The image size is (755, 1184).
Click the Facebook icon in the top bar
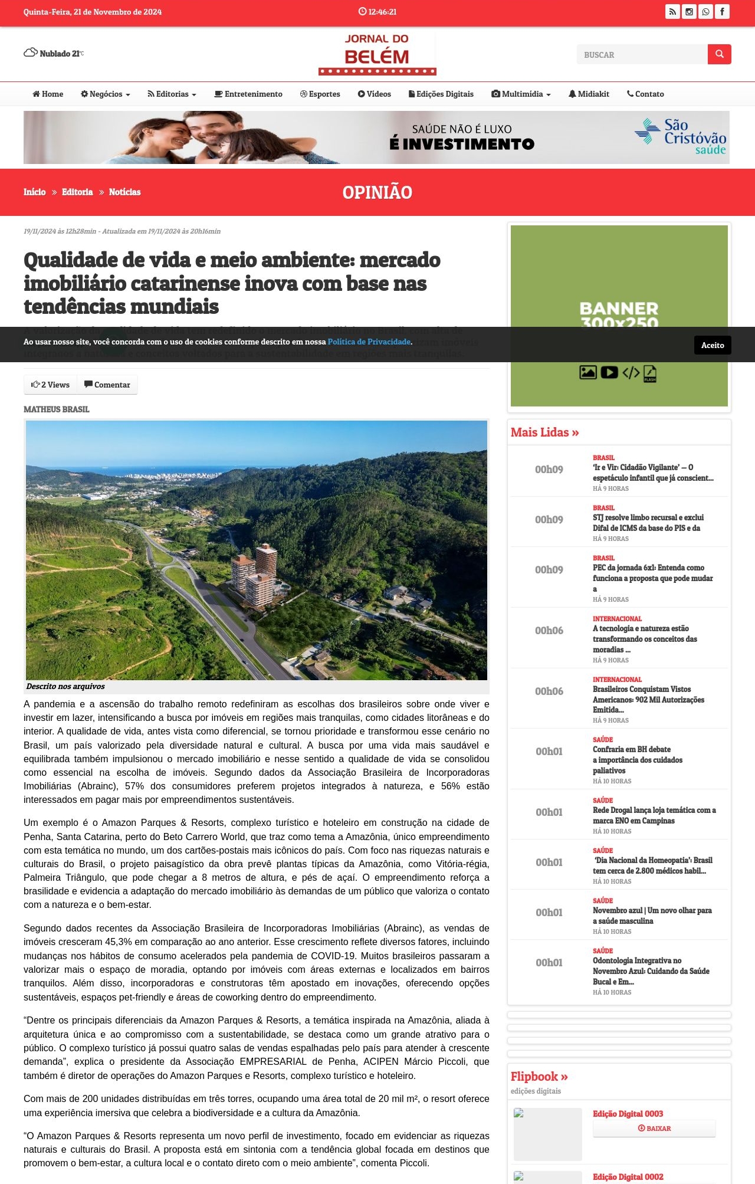coord(722,12)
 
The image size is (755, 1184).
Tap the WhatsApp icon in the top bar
coord(705,12)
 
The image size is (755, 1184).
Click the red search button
coord(719,54)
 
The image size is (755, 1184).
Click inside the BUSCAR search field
coord(642,54)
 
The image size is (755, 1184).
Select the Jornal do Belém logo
coord(377,54)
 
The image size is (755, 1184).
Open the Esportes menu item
coord(320,94)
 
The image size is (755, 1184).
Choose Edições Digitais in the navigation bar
coord(441,94)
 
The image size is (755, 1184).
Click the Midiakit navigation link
coord(589,94)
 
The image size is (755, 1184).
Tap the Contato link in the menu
coord(645,94)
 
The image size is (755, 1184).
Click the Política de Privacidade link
coord(369,342)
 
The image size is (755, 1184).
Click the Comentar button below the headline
coord(107,385)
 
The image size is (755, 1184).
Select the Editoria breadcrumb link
coord(77,192)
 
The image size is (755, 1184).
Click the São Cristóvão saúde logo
coord(681,137)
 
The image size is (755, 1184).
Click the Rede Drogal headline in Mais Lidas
coord(654,815)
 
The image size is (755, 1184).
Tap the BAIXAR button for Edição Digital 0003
coord(654,1128)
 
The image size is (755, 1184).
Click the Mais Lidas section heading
coord(544,432)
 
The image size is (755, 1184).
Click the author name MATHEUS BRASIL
coord(57,409)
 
